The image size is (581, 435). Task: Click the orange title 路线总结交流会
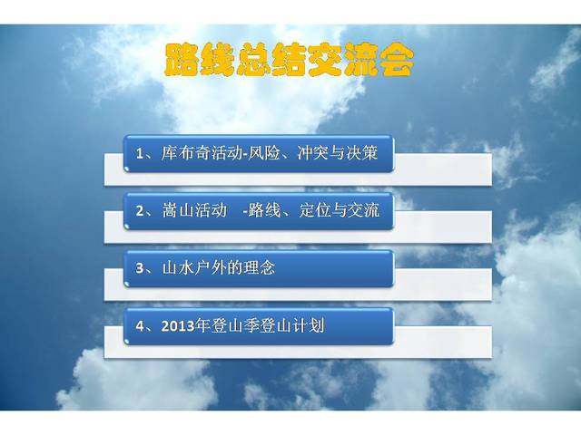[289, 60]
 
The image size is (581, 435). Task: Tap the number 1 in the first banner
[139, 153]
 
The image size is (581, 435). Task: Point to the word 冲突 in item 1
[313, 153]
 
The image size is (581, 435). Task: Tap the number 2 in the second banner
[139, 211]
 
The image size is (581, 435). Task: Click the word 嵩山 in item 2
[178, 210]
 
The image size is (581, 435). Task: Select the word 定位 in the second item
[315, 210]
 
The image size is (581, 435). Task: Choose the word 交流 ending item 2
[364, 210]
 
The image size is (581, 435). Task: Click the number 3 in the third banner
[139, 268]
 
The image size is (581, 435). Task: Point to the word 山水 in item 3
[178, 267]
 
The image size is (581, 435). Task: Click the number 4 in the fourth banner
[139, 326]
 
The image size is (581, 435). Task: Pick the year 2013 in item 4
[178, 326]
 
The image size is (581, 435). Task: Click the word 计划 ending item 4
[309, 325]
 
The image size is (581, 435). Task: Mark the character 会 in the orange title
[396, 60]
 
